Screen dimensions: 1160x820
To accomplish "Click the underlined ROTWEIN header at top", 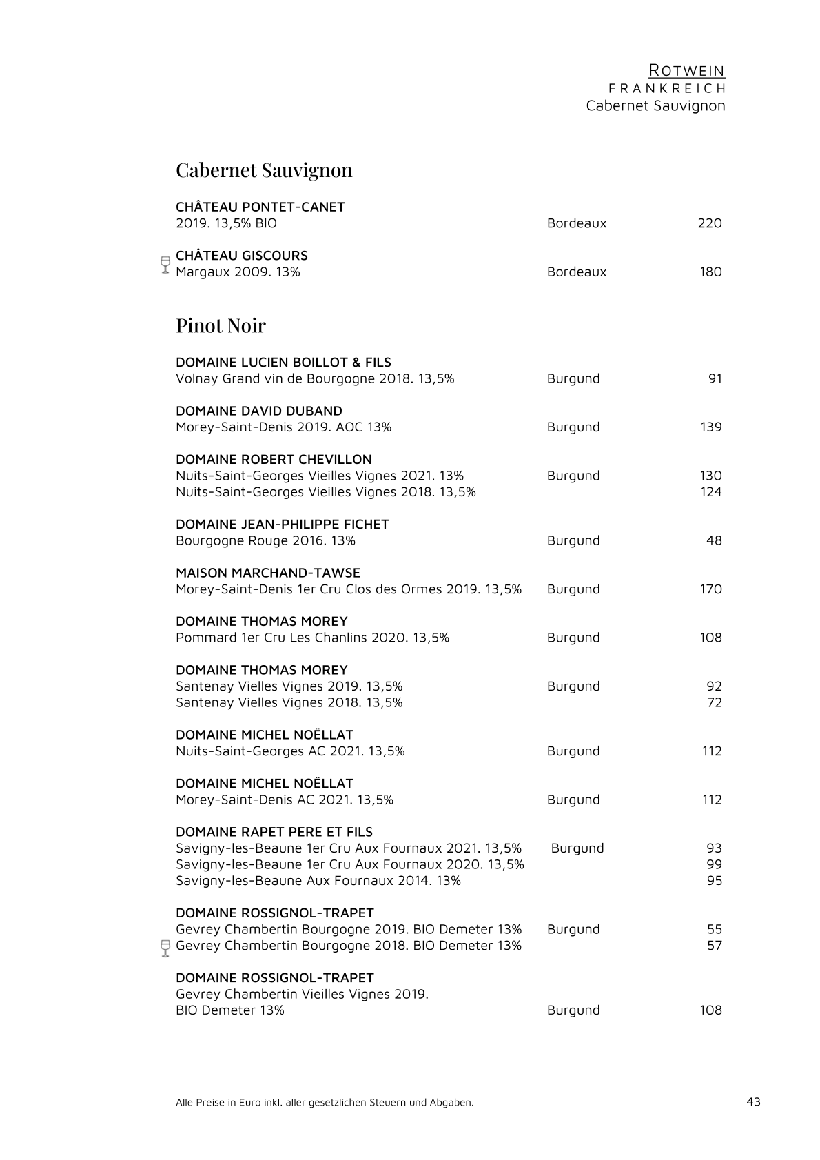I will click(687, 70).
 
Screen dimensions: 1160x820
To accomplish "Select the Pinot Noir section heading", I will click(221, 325).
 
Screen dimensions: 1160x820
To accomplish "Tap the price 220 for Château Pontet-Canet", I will click(710, 223).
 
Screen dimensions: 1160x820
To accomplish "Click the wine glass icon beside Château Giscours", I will click(165, 265).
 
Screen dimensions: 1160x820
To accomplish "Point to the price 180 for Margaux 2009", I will click(710, 272).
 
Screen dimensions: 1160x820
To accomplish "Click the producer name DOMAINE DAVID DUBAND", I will click(259, 411).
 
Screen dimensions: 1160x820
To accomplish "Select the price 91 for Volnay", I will click(715, 378).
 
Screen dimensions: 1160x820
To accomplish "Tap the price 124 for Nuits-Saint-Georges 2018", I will click(710, 491).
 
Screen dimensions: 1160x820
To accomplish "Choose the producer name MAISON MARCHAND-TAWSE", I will click(268, 573).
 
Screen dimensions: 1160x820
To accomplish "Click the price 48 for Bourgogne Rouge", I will click(714, 540).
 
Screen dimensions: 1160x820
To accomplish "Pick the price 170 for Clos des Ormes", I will click(710, 589).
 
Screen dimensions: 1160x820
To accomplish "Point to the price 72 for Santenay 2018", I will click(715, 702).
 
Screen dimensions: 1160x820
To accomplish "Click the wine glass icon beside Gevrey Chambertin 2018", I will click(165, 948).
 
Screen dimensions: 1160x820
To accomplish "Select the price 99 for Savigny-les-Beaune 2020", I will click(715, 864).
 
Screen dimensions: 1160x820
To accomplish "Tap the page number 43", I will click(753, 1101).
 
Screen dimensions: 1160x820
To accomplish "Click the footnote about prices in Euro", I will click(325, 1102).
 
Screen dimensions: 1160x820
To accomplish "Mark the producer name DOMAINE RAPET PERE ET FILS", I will click(274, 832).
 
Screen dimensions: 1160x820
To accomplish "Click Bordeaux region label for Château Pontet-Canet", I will click(577, 223).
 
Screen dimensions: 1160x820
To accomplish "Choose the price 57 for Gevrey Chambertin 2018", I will click(715, 946).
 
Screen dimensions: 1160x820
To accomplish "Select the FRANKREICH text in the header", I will click(667, 88).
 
